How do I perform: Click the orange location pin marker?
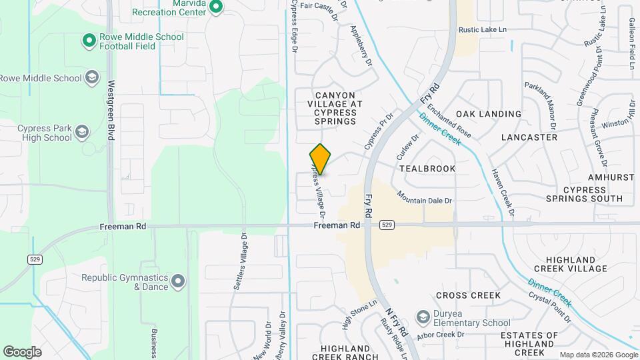[320, 159]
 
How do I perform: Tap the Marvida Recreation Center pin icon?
[215, 7]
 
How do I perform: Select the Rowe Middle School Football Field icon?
[89, 41]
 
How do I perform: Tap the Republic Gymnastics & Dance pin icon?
[177, 282]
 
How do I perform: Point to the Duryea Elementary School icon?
[422, 315]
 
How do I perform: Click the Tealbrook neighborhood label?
[428, 169]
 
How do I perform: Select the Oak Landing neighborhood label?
[489, 114]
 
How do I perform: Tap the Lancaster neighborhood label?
[529, 137]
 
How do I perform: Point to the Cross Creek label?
[468, 295]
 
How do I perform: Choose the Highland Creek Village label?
[576, 264]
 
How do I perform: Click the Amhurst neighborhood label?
[610, 178]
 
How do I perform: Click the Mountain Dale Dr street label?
[425, 197]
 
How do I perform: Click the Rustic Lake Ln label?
[483, 30]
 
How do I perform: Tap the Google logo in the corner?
[22, 351]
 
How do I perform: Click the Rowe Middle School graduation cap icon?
[91, 78]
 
